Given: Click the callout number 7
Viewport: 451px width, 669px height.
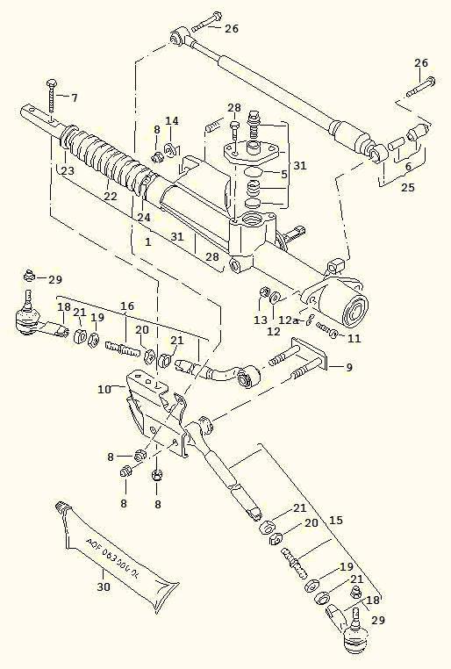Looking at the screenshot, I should click(x=74, y=97).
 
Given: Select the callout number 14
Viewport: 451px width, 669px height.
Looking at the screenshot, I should click(x=172, y=120).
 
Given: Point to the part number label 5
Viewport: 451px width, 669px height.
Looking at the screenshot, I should click(x=283, y=175).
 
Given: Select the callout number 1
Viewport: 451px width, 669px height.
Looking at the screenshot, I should click(x=149, y=241).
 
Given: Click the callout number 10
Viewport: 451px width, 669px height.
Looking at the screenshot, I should click(x=104, y=388).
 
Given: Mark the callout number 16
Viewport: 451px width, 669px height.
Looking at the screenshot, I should click(x=127, y=306).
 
